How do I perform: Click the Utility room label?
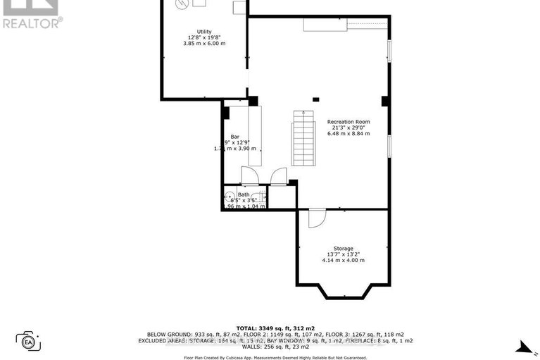[204, 31]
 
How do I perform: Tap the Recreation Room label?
[349, 121]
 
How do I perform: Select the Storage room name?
[343, 248]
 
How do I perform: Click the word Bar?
[235, 137]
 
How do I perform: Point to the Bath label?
[244, 194]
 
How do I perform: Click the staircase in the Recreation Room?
[304, 141]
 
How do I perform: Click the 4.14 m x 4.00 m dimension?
[343, 261]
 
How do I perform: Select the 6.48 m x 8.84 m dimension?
[349, 133]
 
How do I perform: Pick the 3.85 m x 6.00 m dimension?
[204, 44]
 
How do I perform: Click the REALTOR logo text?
[32, 22]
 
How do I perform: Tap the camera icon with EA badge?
[29, 341]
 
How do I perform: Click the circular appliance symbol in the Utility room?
[183, 4]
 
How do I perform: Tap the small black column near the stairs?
[315, 99]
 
